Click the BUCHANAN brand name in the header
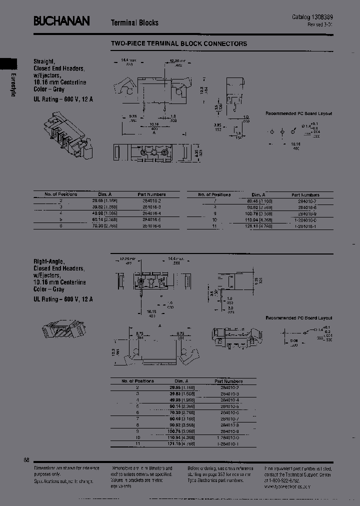61,21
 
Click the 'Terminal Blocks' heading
134,22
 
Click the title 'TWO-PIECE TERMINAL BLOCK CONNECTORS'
178,43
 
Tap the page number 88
26,459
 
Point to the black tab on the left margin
8,63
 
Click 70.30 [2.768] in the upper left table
104,225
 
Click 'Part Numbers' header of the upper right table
305,194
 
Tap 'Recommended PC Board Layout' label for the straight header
298,113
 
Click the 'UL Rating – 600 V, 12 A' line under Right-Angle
63,299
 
